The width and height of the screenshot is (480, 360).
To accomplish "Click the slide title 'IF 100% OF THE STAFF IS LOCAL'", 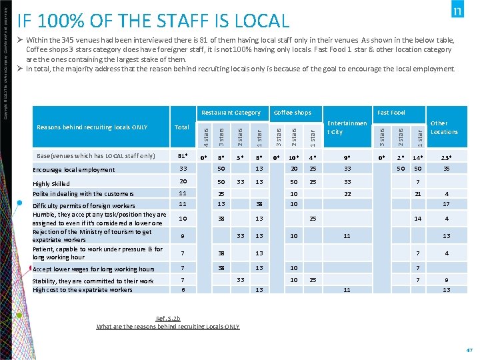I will tap(153, 21).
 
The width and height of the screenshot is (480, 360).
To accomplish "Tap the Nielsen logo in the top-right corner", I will tap(457, 11).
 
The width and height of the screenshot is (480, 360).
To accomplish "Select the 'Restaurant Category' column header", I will tap(231, 113).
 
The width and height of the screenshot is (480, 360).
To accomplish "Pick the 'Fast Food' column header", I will tap(391, 113).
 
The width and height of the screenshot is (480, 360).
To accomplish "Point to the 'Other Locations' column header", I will tap(444, 127).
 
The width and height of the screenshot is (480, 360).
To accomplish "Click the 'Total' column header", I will tap(181, 127).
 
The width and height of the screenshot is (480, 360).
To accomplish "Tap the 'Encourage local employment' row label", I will tap(74, 170).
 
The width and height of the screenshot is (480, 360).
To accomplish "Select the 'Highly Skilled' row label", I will tap(51, 183).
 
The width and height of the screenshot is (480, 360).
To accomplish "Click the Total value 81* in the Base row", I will tap(182, 157).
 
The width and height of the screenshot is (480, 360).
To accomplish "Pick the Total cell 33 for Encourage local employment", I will tap(182, 169).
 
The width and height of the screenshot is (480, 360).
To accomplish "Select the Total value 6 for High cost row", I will tap(182, 290).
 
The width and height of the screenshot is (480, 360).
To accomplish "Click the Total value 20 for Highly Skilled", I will tap(182, 181).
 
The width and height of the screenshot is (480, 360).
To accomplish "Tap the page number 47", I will tap(469, 349).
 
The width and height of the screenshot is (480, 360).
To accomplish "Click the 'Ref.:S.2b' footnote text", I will tap(168, 319).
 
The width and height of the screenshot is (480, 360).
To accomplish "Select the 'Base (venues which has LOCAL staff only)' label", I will tap(95, 156).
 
